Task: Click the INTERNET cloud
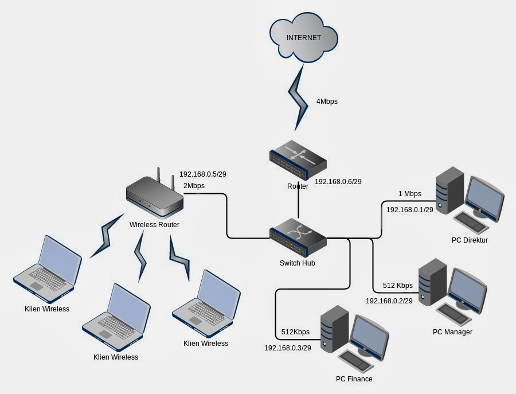pyautogui.click(x=303, y=39)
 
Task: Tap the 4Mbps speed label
pyautogui.click(x=327, y=102)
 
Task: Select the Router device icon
pyautogui.click(x=298, y=160)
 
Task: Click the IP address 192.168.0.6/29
pyautogui.click(x=338, y=182)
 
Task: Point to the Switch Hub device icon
pyautogui.click(x=298, y=237)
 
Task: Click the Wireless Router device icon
pyautogui.click(x=154, y=194)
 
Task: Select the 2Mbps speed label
pyautogui.click(x=194, y=186)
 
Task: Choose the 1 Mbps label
pyautogui.click(x=409, y=194)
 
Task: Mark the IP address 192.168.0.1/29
pyautogui.click(x=409, y=210)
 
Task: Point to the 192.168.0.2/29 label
pyautogui.click(x=389, y=301)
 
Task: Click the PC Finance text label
pyautogui.click(x=354, y=379)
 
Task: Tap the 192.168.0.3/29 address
pyautogui.click(x=287, y=348)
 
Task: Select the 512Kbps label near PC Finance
pyautogui.click(x=295, y=332)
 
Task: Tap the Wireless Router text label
pyautogui.click(x=154, y=225)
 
